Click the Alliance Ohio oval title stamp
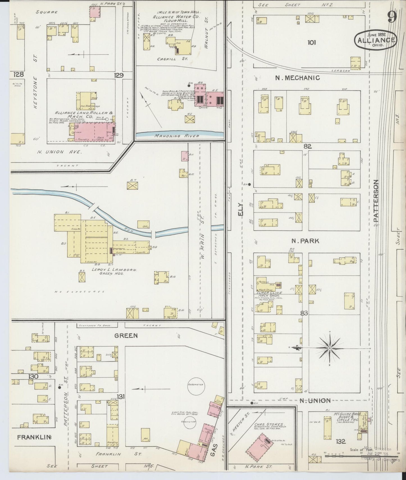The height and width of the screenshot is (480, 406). (376, 40)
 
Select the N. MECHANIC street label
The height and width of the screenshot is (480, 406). (297, 78)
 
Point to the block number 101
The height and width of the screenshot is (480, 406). (312, 42)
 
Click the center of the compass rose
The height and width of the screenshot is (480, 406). (330, 348)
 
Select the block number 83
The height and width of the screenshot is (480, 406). (304, 313)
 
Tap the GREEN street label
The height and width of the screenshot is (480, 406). (126, 335)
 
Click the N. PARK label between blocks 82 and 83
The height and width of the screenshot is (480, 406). (305, 241)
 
